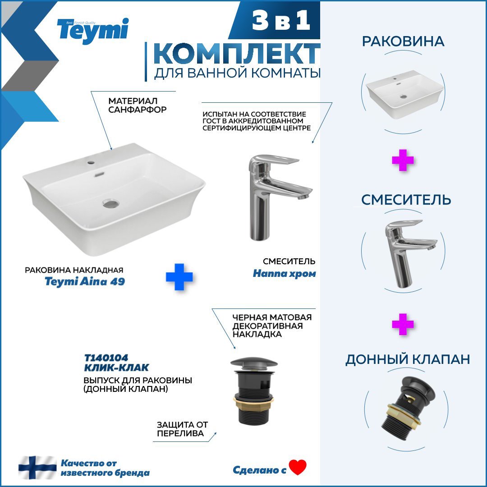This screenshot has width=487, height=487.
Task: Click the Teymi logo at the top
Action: click(92, 31)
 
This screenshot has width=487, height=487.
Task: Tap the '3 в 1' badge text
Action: click(281, 20)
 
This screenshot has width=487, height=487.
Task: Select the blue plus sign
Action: click(179, 277)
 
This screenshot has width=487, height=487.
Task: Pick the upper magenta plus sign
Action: click(403, 160)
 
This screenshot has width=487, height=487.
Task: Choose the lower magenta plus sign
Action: click(403, 324)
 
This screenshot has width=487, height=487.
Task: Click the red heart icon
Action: click(298, 467)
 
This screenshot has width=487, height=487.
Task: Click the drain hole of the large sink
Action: click(111, 203)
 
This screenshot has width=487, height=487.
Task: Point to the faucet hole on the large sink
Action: click(91, 162)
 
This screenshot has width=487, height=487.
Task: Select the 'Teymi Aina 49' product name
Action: click(85, 281)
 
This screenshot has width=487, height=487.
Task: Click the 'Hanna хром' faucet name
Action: click(284, 274)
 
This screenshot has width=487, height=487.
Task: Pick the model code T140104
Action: click(106, 358)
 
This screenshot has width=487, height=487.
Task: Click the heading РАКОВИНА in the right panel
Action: click(403, 41)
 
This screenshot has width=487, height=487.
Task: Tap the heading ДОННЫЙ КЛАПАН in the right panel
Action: click(408, 359)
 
